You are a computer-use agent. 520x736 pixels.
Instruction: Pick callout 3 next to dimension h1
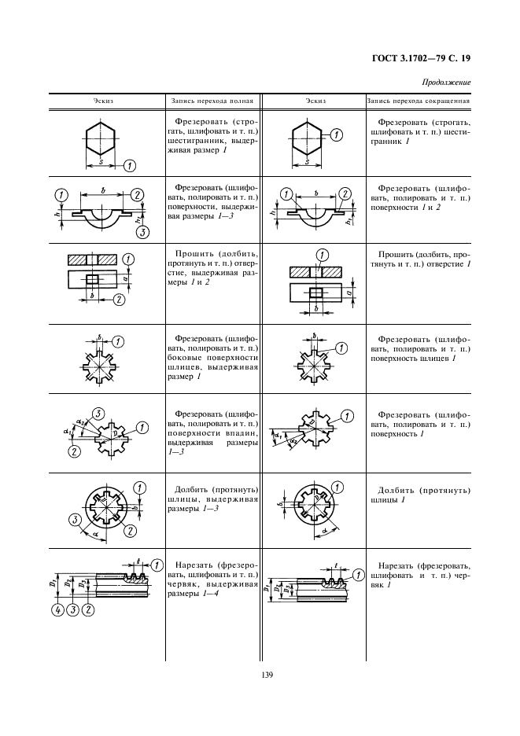143,232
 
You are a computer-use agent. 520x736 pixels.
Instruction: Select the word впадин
241,432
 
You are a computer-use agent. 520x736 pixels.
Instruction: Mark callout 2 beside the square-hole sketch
119,299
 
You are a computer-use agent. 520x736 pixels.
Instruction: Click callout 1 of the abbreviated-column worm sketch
360,575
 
